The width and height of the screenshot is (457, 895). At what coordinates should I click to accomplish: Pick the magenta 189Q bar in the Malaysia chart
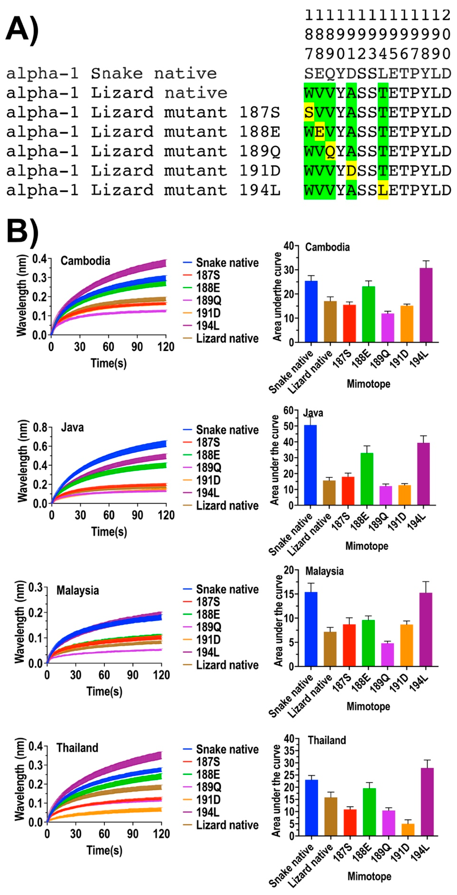(387, 655)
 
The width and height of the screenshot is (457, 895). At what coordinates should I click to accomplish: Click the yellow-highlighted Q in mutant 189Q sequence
(330, 151)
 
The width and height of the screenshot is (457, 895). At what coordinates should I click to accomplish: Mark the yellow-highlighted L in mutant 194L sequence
(383, 190)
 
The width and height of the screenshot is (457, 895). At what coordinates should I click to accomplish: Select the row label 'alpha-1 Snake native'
(111, 73)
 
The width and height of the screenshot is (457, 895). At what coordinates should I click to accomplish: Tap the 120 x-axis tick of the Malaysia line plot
(161, 675)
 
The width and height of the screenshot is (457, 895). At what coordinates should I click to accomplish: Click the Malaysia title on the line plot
(78, 590)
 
